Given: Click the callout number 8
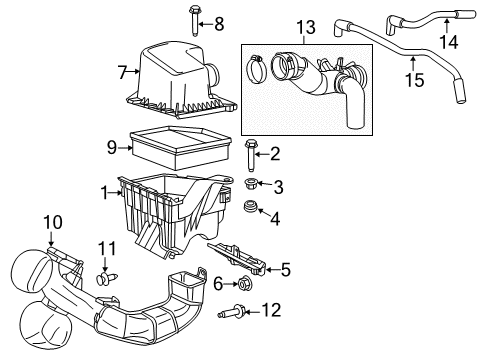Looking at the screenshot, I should [x=218, y=23].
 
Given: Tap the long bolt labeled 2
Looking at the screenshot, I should [x=249, y=156].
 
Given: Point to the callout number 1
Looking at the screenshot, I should [x=105, y=189].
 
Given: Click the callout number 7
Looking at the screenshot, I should [x=123, y=71].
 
